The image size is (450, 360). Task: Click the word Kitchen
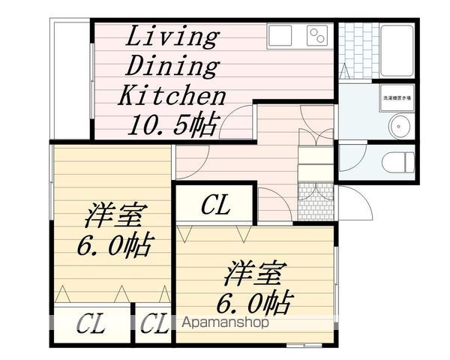click(x=172, y=95)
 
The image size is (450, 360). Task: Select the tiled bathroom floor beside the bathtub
click(x=357, y=49)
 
